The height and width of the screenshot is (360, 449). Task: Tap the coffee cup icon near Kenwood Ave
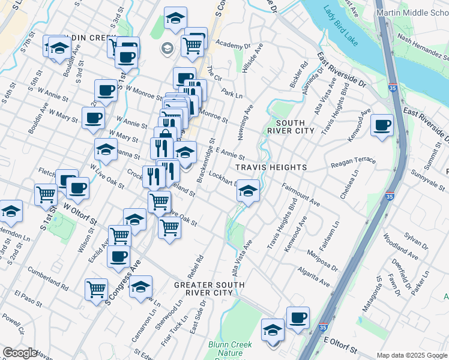coord(382,126)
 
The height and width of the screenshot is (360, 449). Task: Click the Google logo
coord(20,353)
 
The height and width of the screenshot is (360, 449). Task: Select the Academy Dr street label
coord(233,45)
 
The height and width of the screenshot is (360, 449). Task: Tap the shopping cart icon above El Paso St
coord(96,289)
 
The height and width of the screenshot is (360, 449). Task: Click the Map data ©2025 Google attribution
coord(412,355)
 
